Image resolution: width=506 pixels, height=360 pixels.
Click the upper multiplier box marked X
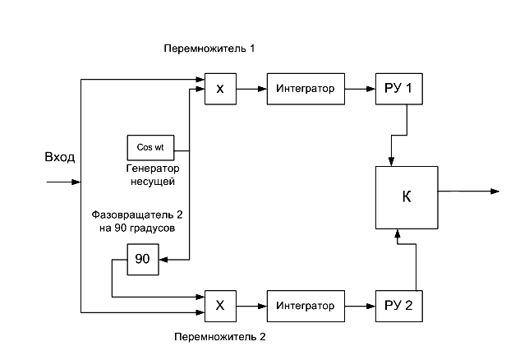point(219,89)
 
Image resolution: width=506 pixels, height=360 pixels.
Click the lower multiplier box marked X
point(219,305)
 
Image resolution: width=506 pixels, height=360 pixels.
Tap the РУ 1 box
point(399,89)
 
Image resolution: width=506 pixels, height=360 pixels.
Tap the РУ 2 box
point(399,306)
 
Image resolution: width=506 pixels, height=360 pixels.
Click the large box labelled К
point(407,197)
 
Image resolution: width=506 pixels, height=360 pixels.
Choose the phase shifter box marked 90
point(142,259)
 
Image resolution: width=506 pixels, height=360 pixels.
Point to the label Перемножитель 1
point(210,49)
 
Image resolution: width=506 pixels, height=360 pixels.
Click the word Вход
point(59,156)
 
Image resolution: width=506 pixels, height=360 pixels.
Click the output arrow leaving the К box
point(468,192)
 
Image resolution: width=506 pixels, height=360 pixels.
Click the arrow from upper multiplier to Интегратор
point(251,89)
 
